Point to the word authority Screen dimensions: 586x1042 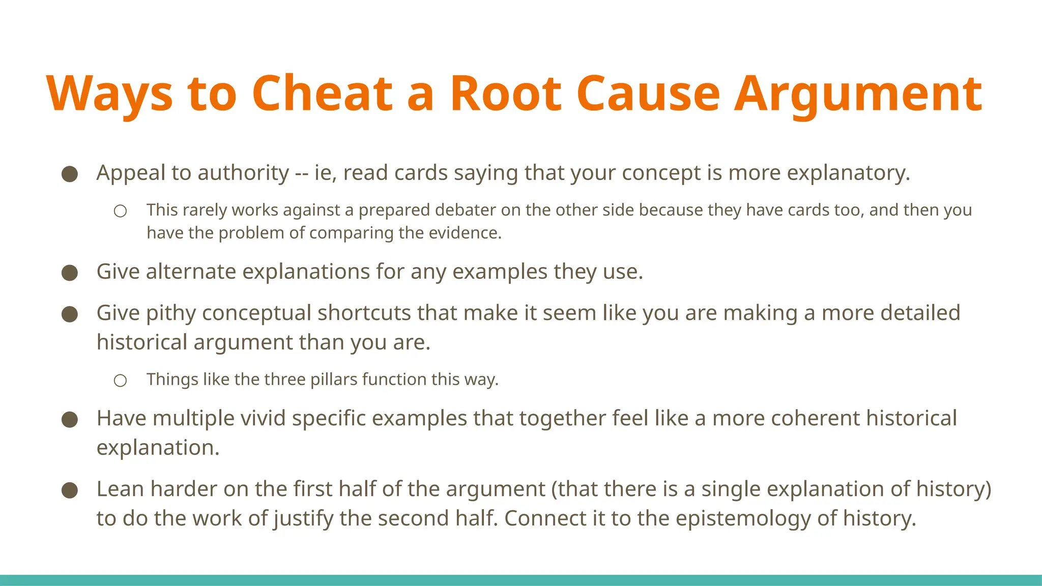coord(243,173)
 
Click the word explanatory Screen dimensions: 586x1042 coord(848,173)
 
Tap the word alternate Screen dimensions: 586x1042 coord(191,272)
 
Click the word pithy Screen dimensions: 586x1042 coord(170,313)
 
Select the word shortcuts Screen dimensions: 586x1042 coord(364,313)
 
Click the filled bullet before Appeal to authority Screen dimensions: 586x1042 coord(70,174)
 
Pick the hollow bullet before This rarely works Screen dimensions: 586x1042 coord(120,211)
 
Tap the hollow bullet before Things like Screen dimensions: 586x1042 coord(120,380)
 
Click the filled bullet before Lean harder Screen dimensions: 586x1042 coord(70,490)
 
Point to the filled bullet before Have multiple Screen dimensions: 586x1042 coord(70,420)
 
